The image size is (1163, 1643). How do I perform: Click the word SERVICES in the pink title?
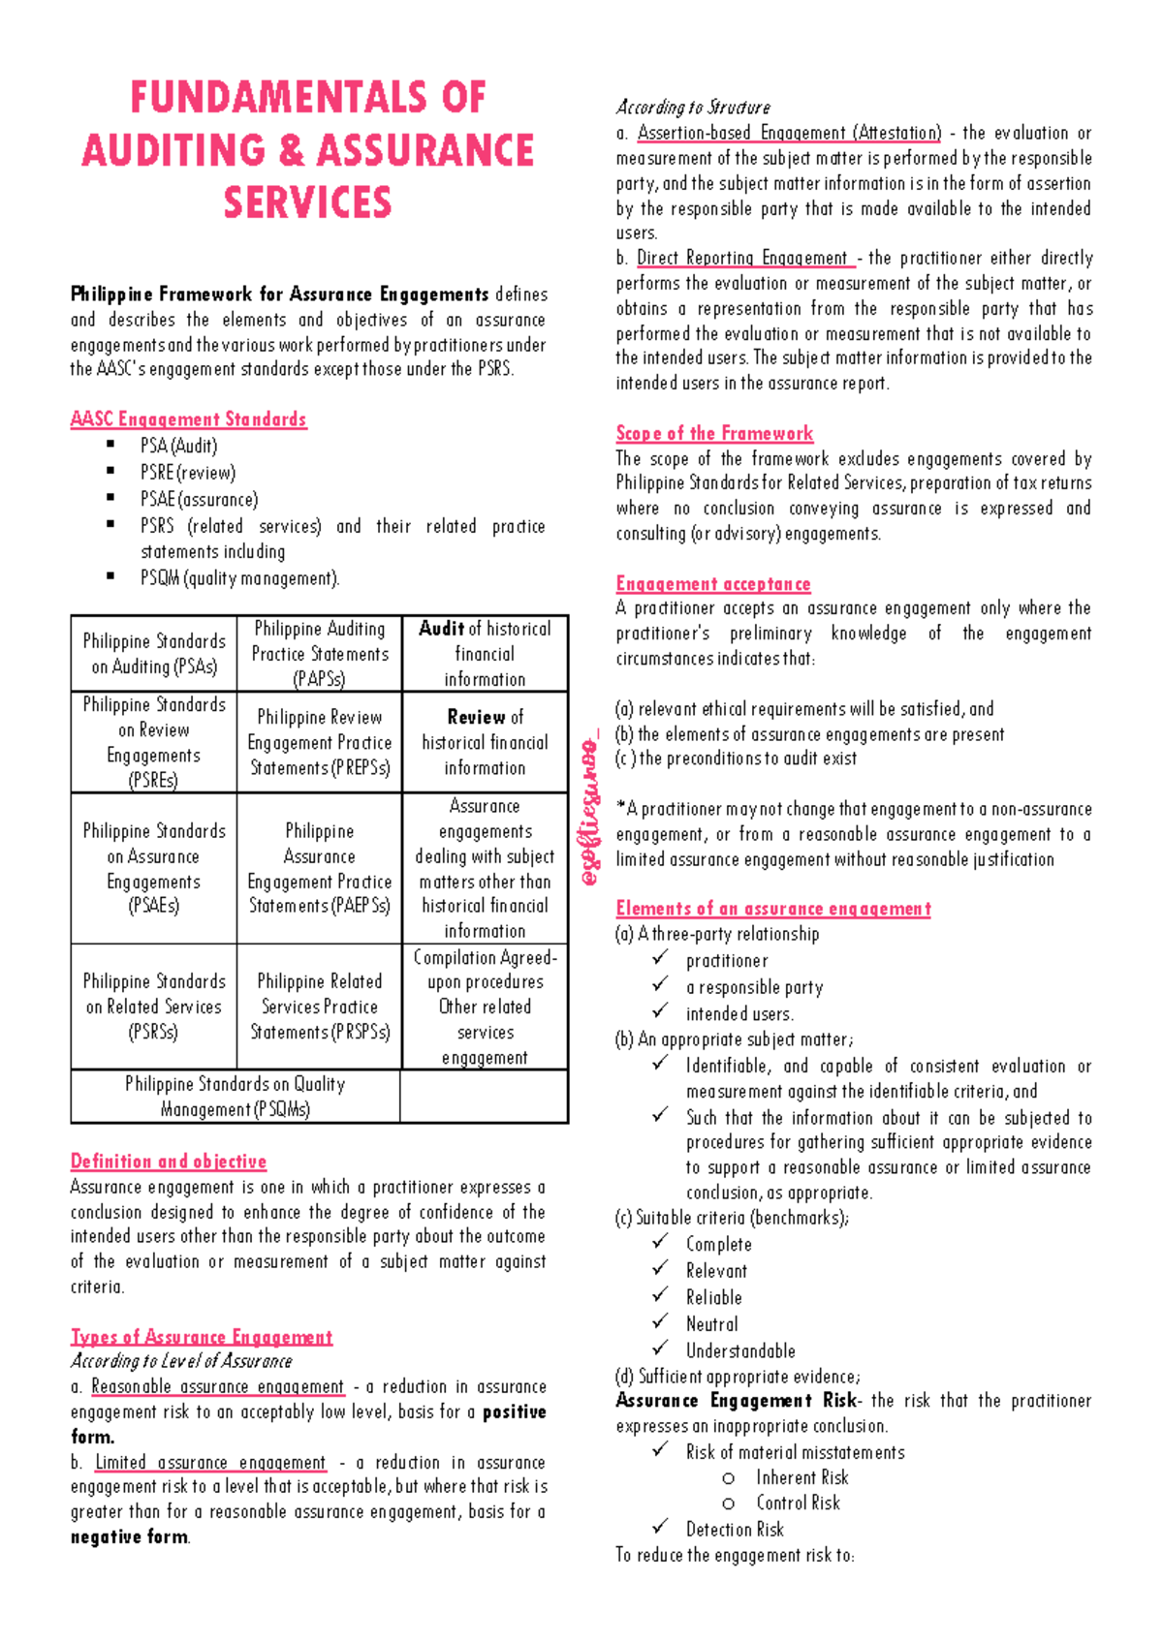pyautogui.click(x=307, y=203)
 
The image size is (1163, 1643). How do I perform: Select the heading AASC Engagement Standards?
pyautogui.click(x=188, y=419)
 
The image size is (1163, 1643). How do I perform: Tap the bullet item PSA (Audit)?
pyautogui.click(x=179, y=446)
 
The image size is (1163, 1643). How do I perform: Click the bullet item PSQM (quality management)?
pyautogui.click(x=240, y=578)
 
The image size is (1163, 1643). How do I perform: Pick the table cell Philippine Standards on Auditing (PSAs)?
pyautogui.click(x=154, y=654)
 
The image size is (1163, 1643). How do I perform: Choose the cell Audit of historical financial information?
pyautogui.click(x=485, y=654)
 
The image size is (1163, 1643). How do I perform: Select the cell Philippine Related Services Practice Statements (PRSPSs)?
pyautogui.click(x=320, y=1007)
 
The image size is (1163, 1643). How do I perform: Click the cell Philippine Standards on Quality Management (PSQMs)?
pyautogui.click(x=236, y=1097)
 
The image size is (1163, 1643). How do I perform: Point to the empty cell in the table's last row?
pyautogui.click(x=484, y=1097)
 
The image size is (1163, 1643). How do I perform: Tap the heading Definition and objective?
pyautogui.click(x=169, y=1162)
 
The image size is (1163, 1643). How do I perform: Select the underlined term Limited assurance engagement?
pyautogui.click(x=210, y=1463)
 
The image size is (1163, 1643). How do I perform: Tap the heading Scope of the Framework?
pyautogui.click(x=714, y=434)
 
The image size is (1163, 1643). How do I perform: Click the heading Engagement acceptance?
pyautogui.click(x=713, y=584)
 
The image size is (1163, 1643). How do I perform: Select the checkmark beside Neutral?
pyautogui.click(x=660, y=1321)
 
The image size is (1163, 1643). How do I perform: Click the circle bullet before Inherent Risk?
pyautogui.click(x=728, y=1478)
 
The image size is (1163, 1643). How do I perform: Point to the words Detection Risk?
pyautogui.click(x=735, y=1530)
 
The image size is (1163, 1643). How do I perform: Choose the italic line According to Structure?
pyautogui.click(x=693, y=108)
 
